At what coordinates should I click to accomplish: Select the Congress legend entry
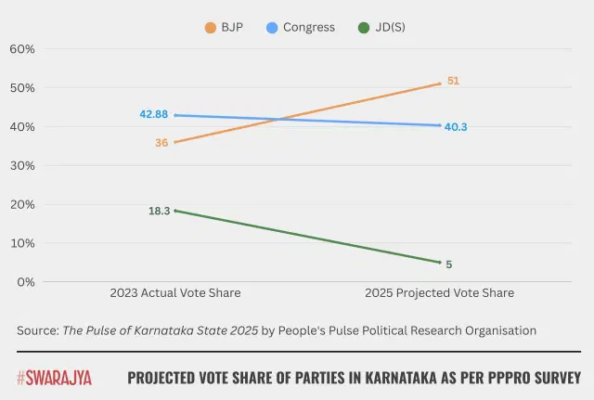tap(300, 28)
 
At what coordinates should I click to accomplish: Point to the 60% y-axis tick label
tap(22, 48)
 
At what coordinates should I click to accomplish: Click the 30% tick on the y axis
tap(22, 165)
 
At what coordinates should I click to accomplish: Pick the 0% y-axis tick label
tap(25, 282)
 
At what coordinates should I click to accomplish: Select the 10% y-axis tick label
tap(22, 243)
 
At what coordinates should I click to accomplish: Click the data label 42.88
tap(154, 114)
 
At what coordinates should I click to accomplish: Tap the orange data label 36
tap(162, 143)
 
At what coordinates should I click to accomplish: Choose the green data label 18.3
tap(160, 211)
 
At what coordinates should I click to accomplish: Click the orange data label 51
tap(453, 81)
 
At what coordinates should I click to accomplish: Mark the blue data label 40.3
tap(456, 126)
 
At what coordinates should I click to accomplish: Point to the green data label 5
tap(449, 265)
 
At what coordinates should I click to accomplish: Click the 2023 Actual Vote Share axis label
tap(174, 293)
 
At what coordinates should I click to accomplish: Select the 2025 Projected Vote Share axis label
tap(439, 293)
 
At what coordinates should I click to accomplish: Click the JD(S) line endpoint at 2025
tap(439, 263)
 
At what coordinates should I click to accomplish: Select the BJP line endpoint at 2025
tap(439, 84)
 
